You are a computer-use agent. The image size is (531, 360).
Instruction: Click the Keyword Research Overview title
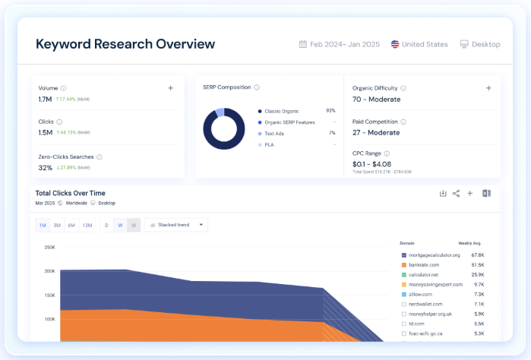pos(125,44)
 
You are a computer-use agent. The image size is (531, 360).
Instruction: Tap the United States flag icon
pos(395,44)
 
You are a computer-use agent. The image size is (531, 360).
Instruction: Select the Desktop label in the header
pos(485,44)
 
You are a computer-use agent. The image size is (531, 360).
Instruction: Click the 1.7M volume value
pos(45,99)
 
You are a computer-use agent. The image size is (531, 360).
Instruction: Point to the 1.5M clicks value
pos(45,133)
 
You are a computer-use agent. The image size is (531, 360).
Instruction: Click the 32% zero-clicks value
pos(45,168)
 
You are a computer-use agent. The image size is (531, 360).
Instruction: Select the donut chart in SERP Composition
pos(223,128)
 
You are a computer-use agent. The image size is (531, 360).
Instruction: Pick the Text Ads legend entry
pos(274,133)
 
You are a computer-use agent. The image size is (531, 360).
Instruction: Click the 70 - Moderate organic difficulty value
pos(376,99)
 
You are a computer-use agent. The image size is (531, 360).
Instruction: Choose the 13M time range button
pos(87,225)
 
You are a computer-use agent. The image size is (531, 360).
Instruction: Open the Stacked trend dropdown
pos(177,225)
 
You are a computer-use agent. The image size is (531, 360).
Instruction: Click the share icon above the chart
pos(456,193)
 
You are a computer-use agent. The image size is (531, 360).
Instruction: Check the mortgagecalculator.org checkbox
pos(404,255)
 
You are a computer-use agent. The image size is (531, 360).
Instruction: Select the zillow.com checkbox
pos(404,294)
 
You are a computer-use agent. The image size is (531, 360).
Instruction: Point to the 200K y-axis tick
pos(49,271)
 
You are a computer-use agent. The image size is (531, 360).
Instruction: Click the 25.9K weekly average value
pos(477,274)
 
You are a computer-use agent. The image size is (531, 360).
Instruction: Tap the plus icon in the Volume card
pos(171,88)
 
